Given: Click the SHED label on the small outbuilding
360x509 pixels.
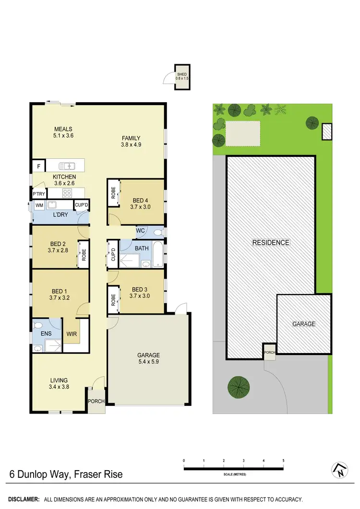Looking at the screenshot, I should point(181,74).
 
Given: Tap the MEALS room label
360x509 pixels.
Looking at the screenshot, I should point(63,129).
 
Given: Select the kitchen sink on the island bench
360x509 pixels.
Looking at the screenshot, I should point(67,166).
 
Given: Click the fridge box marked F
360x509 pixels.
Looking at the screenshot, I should point(38,166).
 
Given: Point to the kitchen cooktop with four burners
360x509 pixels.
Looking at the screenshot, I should point(67,193).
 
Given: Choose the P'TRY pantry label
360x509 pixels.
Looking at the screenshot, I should point(38,194).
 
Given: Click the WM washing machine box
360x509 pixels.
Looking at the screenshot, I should point(39,205).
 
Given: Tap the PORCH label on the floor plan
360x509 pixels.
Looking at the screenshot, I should point(96,401).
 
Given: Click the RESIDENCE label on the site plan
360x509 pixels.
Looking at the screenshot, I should point(271,243).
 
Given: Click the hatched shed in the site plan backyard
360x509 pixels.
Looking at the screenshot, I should point(326,131).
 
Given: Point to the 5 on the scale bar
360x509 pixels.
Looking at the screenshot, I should point(283,461).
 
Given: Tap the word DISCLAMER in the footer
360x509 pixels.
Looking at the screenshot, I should point(23,499).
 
